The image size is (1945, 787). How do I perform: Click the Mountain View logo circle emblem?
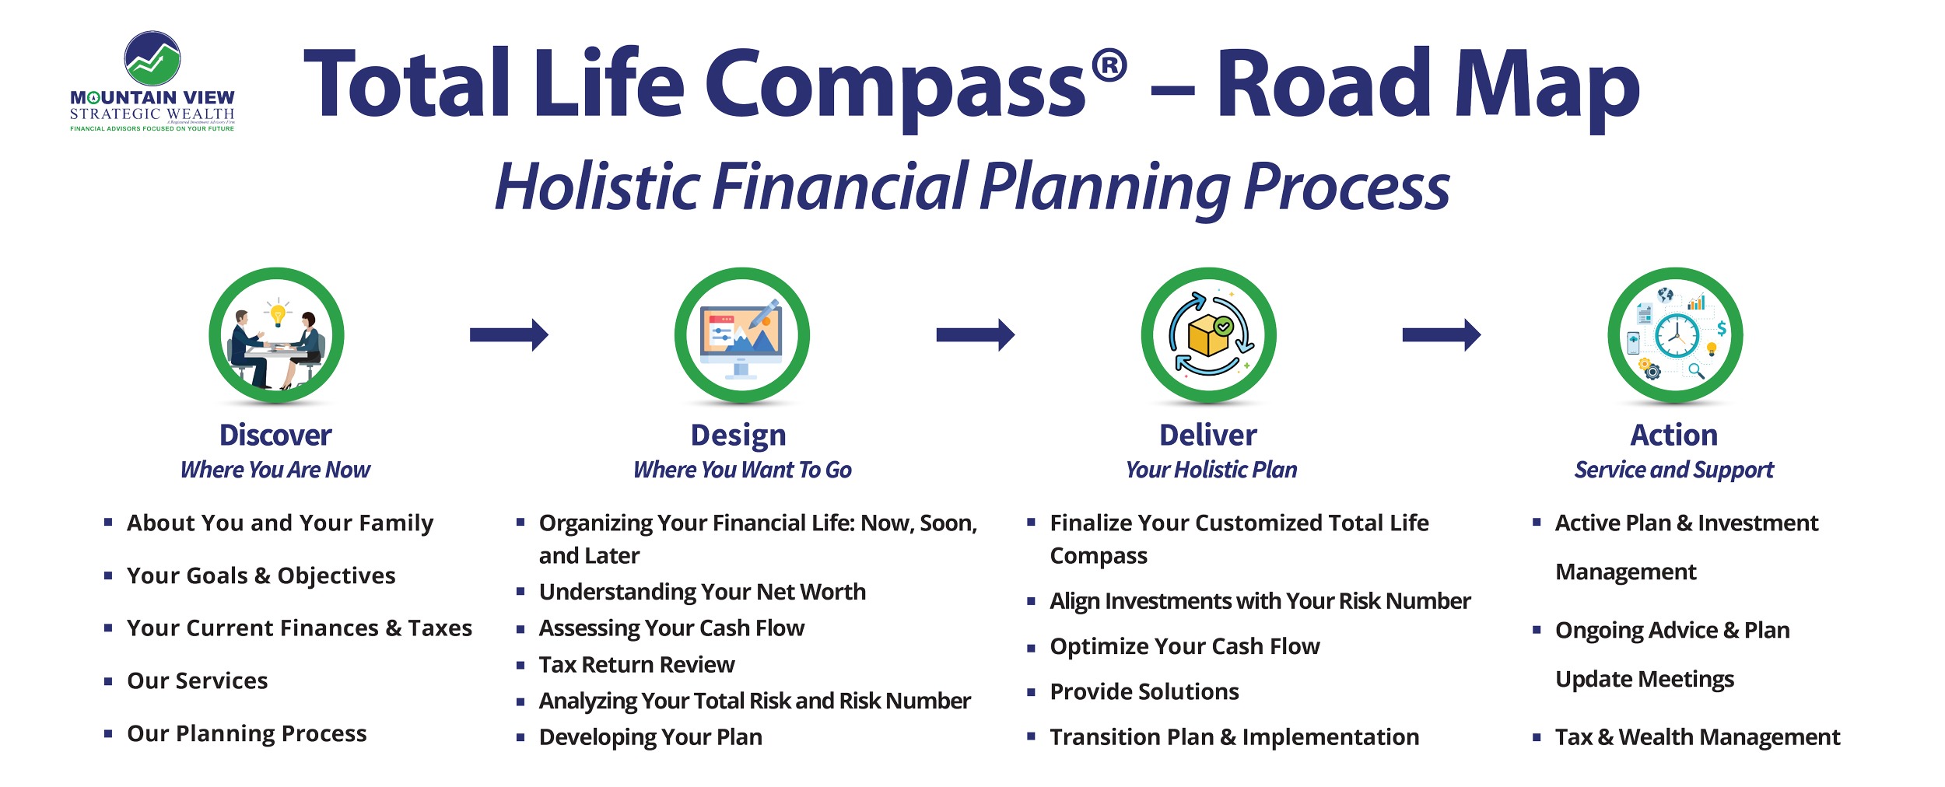click(x=152, y=58)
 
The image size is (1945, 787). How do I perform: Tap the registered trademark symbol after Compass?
click(x=1109, y=65)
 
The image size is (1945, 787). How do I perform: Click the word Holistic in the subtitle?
click(x=598, y=187)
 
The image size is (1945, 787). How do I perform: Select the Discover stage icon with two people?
click(x=276, y=335)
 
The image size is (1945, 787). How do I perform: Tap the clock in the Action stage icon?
click(x=1677, y=336)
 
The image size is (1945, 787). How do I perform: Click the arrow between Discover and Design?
click(x=509, y=335)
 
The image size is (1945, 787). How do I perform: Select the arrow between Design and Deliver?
click(x=976, y=335)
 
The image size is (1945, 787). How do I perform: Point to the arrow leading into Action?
click(x=1442, y=335)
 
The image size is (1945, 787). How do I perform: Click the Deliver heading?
click(x=1208, y=435)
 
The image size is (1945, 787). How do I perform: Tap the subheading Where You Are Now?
click(x=275, y=470)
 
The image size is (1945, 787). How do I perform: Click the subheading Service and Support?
click(x=1674, y=470)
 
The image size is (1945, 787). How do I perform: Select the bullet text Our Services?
click(x=198, y=680)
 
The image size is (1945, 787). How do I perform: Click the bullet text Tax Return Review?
click(x=636, y=664)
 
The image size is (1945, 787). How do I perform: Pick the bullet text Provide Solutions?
click(x=1144, y=691)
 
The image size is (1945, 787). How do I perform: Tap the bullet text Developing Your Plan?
click(x=650, y=737)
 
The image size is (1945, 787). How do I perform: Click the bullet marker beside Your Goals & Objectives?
click(x=108, y=575)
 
